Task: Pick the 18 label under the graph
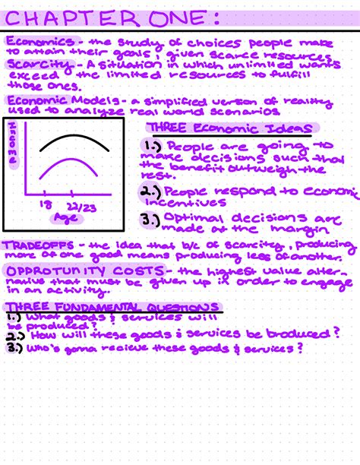click(44, 204)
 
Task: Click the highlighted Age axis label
click(65, 218)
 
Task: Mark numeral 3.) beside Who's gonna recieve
click(13, 348)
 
